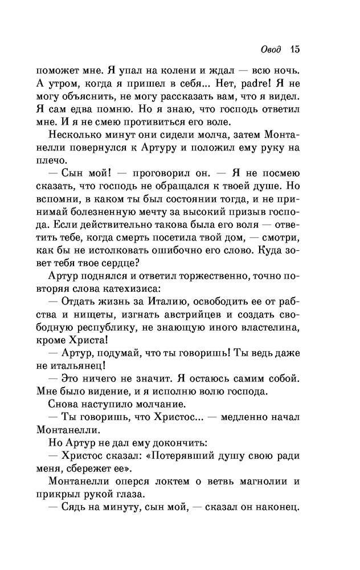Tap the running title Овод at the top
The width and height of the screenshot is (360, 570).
coord(271,50)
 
